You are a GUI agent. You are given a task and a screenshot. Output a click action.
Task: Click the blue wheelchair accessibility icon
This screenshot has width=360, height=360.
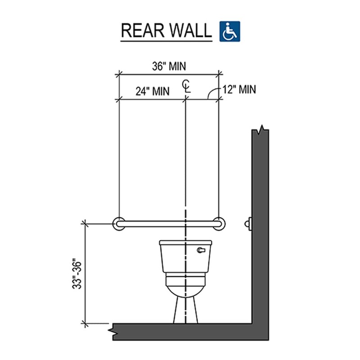(230, 31)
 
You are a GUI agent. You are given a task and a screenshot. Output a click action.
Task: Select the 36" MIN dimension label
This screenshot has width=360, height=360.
(168, 66)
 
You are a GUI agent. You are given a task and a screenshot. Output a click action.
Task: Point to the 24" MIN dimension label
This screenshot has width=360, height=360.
(153, 91)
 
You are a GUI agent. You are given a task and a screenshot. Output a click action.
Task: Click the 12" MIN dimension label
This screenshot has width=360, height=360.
(239, 90)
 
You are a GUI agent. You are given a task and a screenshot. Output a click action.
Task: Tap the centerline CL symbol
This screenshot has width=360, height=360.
(186, 85)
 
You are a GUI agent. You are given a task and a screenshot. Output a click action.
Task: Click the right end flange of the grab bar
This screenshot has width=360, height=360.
(219, 223)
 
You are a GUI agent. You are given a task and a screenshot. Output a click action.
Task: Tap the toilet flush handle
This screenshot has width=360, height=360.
(202, 248)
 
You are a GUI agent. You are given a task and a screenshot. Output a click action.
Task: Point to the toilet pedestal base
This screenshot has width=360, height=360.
(185, 310)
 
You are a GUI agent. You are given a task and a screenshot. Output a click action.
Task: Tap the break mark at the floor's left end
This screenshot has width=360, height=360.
(112, 331)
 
